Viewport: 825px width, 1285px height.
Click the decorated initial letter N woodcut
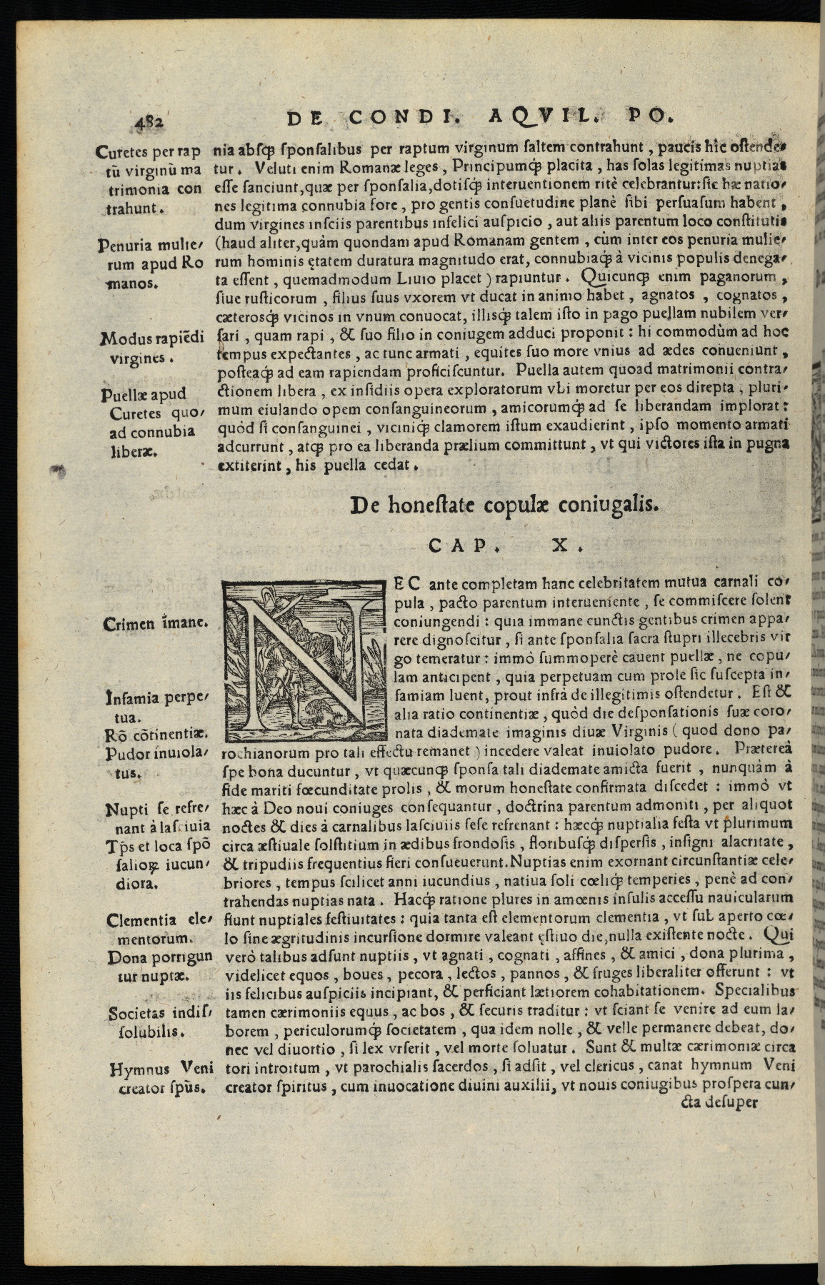click(x=305, y=659)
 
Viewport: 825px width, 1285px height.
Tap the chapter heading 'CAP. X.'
click(x=506, y=546)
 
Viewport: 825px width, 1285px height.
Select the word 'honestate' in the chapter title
click(x=439, y=505)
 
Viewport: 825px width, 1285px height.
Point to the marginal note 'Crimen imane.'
click(x=155, y=623)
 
